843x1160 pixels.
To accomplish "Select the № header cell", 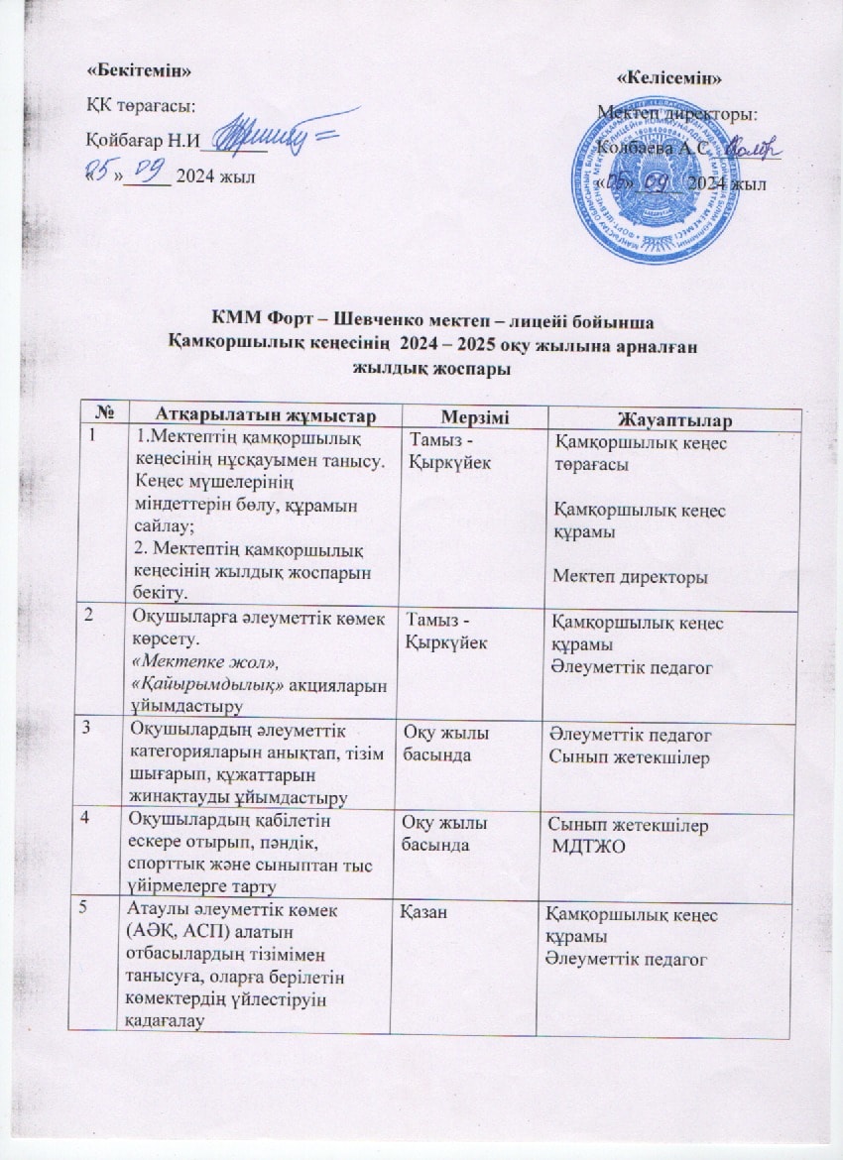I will coord(102,411).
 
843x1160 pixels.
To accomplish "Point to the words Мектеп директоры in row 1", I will coord(629,576).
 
